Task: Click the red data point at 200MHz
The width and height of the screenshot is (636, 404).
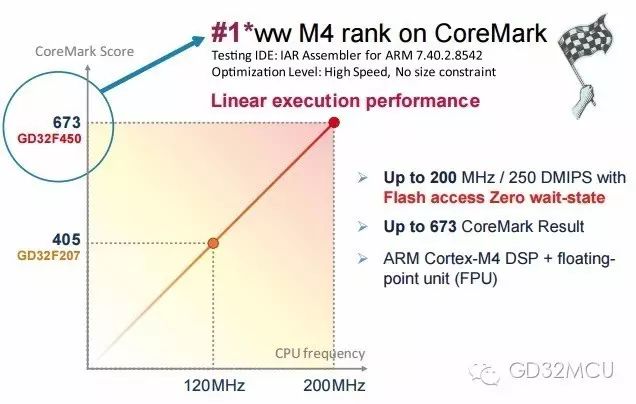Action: [334, 123]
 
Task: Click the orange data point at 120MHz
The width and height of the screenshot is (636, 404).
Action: [213, 242]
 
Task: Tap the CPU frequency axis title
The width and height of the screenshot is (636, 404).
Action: [320, 354]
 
